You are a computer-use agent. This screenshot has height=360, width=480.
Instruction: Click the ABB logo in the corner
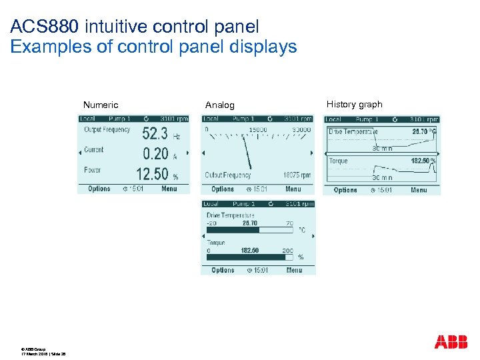(451, 342)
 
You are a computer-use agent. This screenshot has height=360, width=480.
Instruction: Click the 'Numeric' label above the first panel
(101, 105)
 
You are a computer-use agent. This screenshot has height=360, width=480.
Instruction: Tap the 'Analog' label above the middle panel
(220, 105)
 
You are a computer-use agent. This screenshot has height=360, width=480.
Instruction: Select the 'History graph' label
(355, 104)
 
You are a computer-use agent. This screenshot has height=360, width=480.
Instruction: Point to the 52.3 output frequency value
(155, 133)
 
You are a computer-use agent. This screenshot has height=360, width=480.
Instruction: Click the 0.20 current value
(156, 154)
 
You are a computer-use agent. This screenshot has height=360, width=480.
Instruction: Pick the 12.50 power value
(152, 174)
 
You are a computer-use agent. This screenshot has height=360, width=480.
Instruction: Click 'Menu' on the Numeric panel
(169, 189)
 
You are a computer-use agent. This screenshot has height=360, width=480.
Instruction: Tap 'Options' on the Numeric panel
(99, 189)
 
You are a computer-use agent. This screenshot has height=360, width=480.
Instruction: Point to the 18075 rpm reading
(297, 175)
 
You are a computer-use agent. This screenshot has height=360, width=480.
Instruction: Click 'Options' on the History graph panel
(345, 190)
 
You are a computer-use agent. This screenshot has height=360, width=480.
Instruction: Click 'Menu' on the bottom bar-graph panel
(294, 270)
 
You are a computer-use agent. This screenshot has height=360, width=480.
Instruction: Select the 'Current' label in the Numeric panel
(94, 150)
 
